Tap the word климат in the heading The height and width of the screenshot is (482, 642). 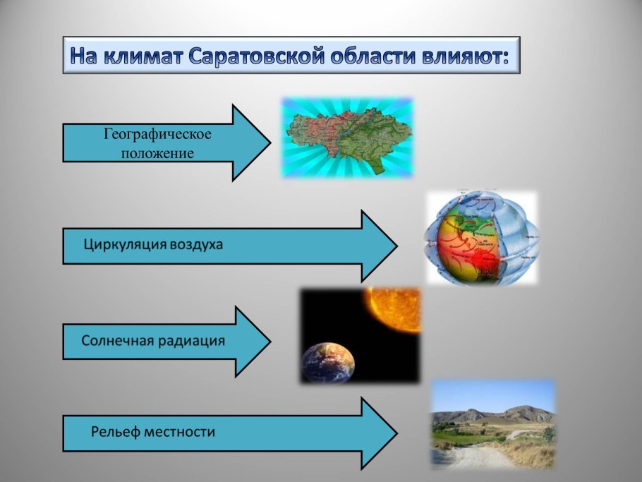pos(142,56)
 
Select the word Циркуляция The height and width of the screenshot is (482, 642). pos(124,246)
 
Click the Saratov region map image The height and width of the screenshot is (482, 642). pos(347,138)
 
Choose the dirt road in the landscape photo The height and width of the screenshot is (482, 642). pos(480,455)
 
